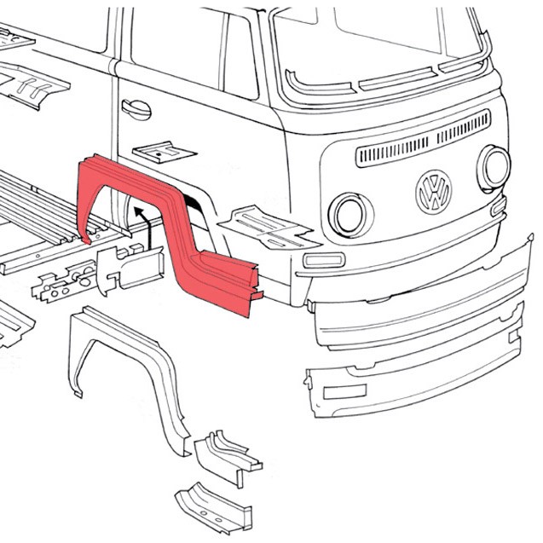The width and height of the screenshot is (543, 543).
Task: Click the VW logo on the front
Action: point(433,192)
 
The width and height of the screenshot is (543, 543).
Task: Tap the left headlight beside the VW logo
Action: point(348,214)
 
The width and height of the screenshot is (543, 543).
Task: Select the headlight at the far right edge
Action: point(494,167)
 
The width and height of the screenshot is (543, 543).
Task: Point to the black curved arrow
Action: point(142,223)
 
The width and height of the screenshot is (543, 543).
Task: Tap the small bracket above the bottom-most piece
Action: point(226,455)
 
